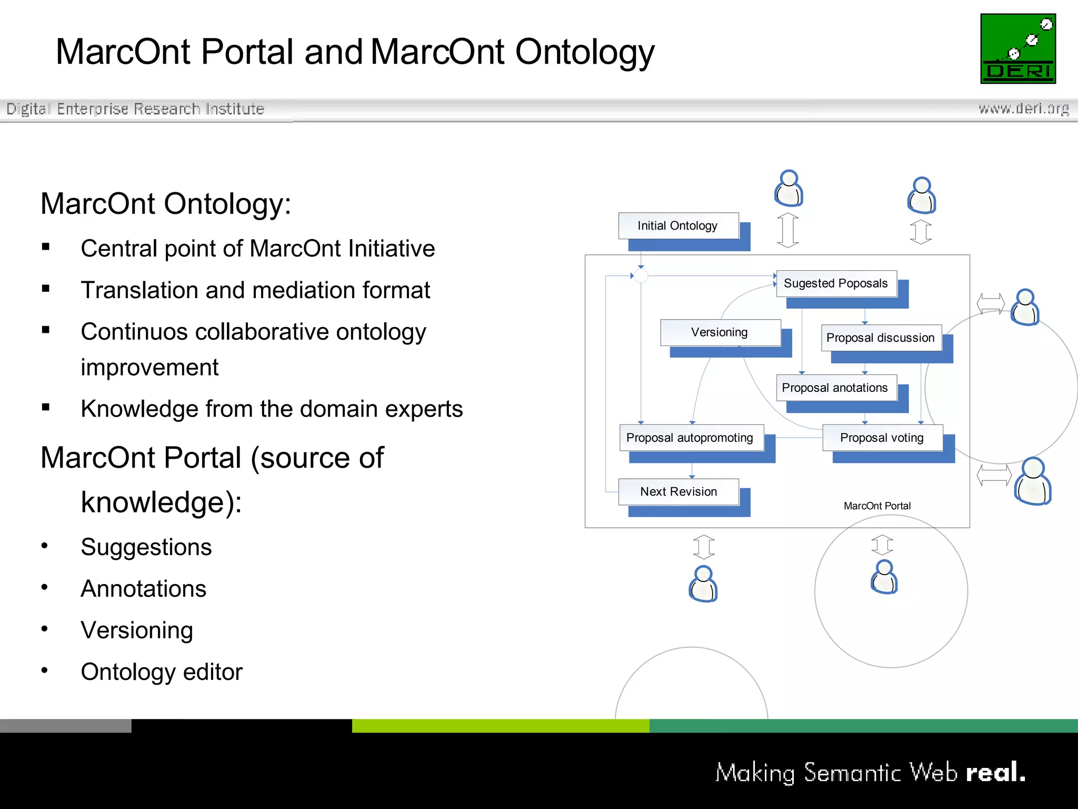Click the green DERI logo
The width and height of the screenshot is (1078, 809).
click(x=1017, y=48)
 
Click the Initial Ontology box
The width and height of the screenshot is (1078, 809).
click(x=678, y=226)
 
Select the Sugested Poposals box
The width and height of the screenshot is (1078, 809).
click(x=836, y=283)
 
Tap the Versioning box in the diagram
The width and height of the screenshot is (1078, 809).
click(x=720, y=332)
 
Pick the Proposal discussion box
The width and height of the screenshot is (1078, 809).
click(x=880, y=338)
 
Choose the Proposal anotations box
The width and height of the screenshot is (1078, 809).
click(x=835, y=388)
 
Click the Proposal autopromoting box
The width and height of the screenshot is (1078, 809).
click(x=690, y=438)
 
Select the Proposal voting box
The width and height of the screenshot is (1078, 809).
click(x=882, y=438)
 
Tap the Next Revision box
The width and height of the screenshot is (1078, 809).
click(x=678, y=491)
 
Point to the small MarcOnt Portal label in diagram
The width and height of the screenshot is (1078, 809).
click(x=877, y=506)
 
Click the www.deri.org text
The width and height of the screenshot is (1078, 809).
click(x=1023, y=108)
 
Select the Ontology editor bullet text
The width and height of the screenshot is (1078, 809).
click(x=162, y=672)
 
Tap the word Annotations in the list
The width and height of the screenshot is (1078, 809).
click(x=143, y=588)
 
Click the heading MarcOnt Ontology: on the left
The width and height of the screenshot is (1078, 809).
click(x=166, y=204)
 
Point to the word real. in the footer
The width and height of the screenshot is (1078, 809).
click(x=995, y=773)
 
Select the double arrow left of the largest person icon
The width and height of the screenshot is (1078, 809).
click(x=993, y=475)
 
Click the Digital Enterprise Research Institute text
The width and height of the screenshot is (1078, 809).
click(x=135, y=109)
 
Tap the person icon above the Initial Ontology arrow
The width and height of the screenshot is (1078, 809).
click(x=788, y=188)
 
